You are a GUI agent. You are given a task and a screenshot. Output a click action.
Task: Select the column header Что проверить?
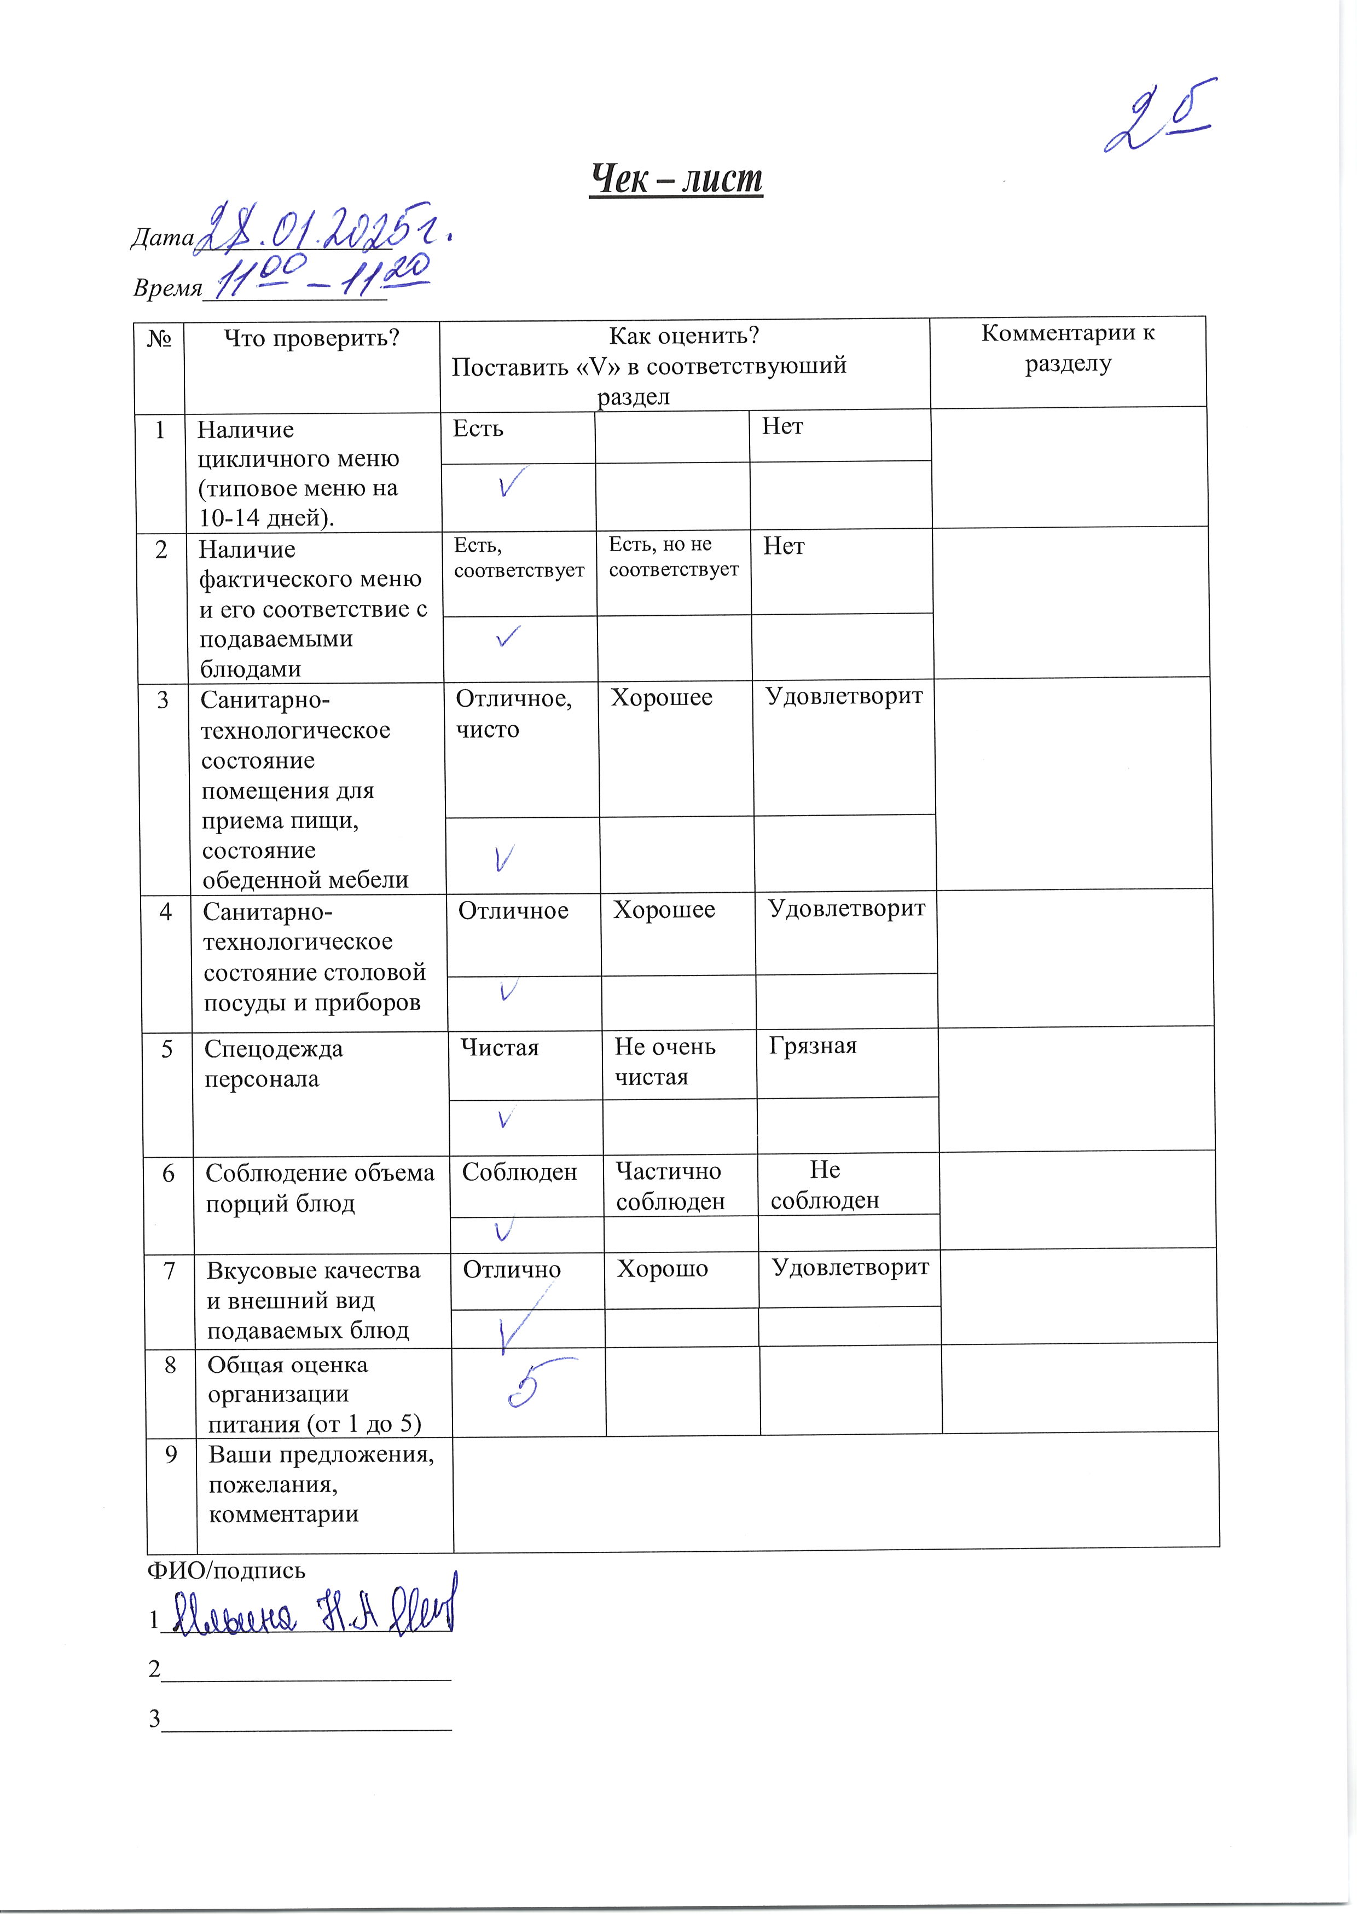point(312,338)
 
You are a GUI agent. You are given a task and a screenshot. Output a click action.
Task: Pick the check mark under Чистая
point(504,1118)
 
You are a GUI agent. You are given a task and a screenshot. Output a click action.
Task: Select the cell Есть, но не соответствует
point(674,557)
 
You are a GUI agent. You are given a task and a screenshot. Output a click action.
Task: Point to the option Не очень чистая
point(665,1061)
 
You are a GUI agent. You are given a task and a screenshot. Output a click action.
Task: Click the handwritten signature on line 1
point(314,1614)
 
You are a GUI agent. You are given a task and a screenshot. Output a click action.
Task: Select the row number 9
point(171,1455)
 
